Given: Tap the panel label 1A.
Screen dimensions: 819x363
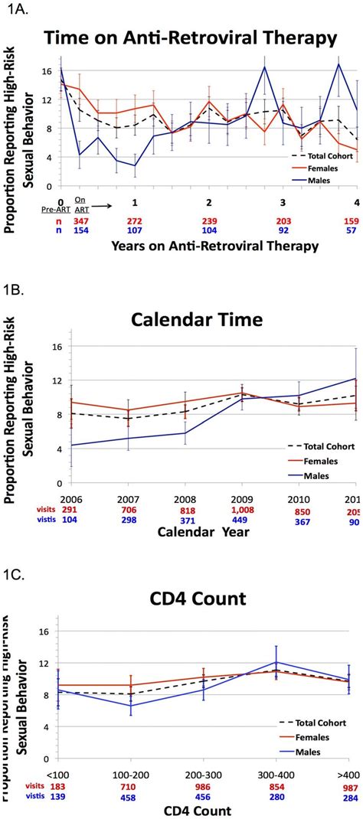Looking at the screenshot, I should pos(15,8).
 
